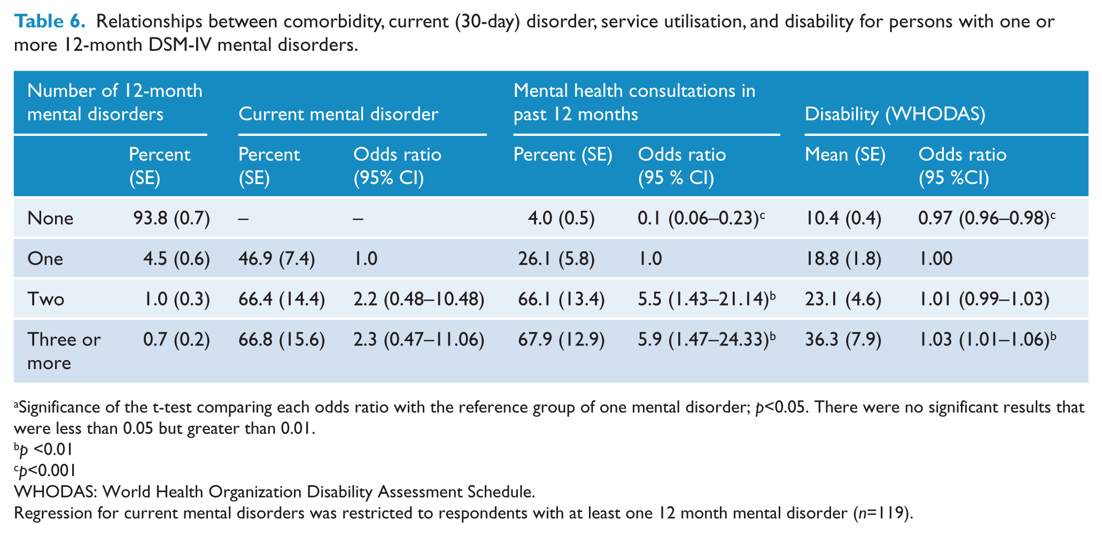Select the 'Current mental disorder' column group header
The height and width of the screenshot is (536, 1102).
(338, 114)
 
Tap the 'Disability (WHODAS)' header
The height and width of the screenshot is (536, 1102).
(895, 114)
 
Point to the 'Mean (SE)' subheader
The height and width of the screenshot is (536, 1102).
(845, 155)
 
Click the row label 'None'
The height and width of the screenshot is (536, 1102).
(50, 218)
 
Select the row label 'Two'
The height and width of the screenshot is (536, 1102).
(46, 299)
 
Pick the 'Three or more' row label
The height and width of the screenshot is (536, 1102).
(64, 351)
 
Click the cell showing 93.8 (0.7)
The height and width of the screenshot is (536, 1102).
(169, 218)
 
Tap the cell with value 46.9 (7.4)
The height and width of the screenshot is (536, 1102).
(276, 259)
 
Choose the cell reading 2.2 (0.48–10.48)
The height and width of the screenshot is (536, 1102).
(419, 299)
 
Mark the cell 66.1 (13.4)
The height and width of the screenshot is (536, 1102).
(561, 299)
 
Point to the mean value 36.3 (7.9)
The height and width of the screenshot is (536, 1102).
(843, 339)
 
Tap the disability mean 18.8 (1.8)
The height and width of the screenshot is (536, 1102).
(843, 259)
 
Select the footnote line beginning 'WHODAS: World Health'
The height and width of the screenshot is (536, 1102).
(275, 492)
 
